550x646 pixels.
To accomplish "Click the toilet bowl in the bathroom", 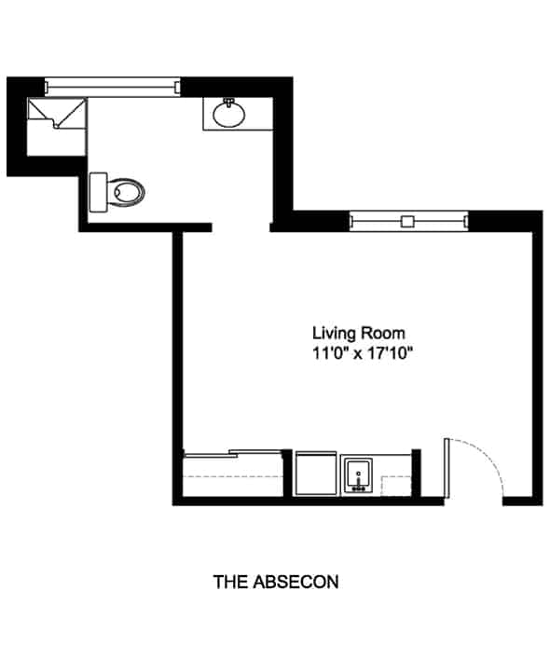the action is point(127,192).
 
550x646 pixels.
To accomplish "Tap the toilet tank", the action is point(99,192).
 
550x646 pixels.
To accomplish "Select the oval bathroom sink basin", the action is point(228,114).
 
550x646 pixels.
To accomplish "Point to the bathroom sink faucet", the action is point(228,102).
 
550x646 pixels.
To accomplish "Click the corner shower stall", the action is point(57,114).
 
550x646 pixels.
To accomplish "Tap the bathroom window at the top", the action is point(113,87).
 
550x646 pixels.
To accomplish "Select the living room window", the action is point(408,221).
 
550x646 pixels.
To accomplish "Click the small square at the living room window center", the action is point(408,222).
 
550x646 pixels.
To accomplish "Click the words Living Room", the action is point(359,333).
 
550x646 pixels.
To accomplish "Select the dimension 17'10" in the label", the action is point(390,353).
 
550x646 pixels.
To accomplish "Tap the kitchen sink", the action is point(358,476).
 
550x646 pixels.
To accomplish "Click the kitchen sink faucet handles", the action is point(358,489).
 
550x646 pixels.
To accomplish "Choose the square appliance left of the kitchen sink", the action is point(316,474).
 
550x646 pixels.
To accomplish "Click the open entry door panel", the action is point(447,469).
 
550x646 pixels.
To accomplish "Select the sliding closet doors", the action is point(233,454).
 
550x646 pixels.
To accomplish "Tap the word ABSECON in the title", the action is point(296,582).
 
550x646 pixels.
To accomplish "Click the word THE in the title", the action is point(230,582).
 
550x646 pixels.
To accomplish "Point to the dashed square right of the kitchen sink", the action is point(396,487).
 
